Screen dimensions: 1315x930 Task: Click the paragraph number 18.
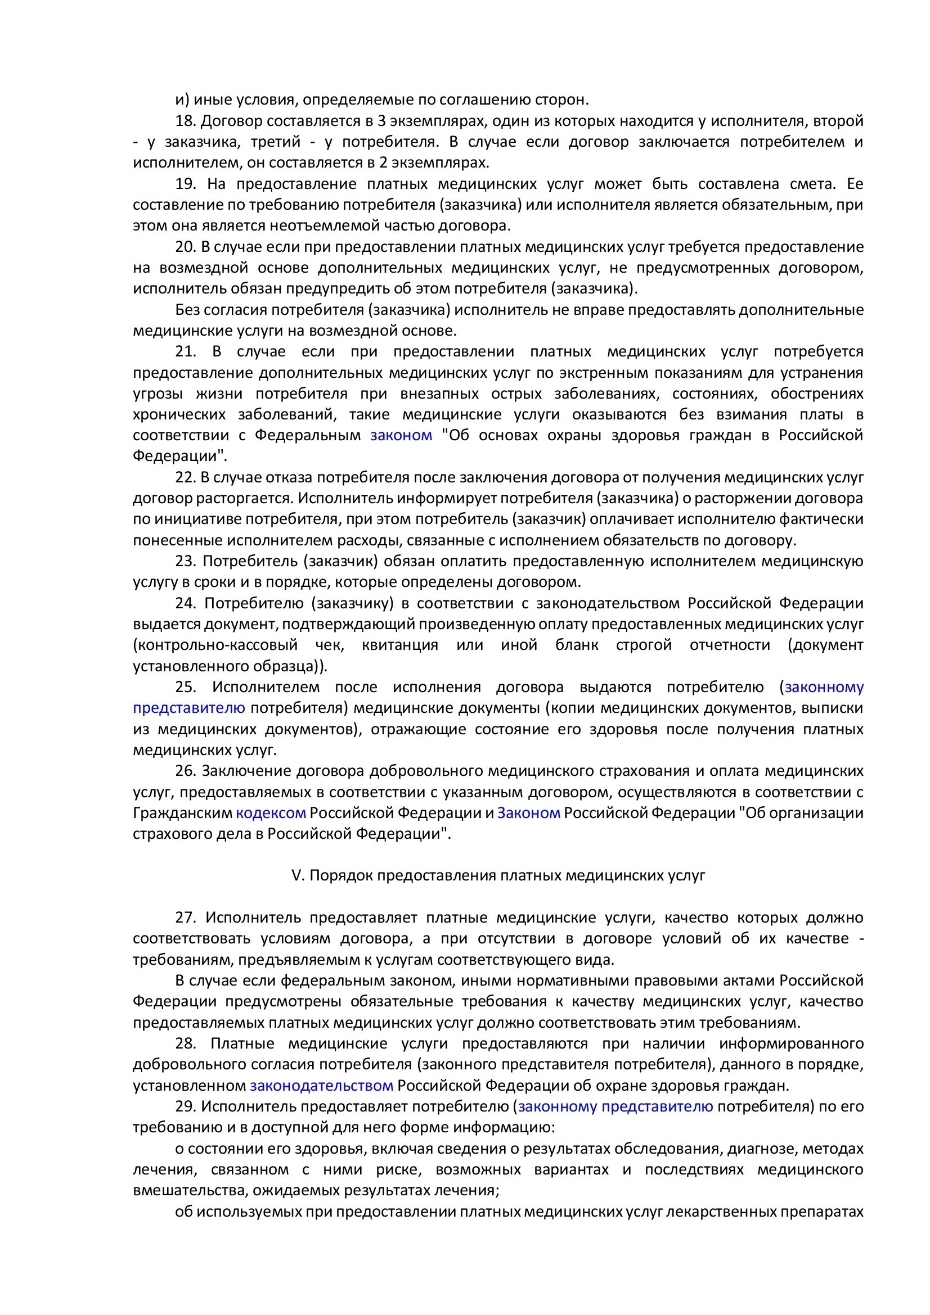click(x=186, y=121)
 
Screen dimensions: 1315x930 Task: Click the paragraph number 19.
click(x=186, y=184)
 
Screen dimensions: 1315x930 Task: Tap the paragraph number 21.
click(x=186, y=351)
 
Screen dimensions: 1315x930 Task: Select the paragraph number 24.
click(x=186, y=604)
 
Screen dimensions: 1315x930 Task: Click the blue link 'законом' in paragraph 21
click(x=401, y=435)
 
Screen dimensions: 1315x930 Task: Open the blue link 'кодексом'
click(x=271, y=813)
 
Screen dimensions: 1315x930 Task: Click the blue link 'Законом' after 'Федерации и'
click(x=528, y=813)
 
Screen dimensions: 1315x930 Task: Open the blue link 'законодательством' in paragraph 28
click(x=321, y=1085)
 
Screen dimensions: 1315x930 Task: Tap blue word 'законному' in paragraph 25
click(x=824, y=687)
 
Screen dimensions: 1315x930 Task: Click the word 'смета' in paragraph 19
click(x=808, y=184)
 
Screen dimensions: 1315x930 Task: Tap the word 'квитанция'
click(x=400, y=645)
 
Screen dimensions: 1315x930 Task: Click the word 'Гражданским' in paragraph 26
click(x=182, y=813)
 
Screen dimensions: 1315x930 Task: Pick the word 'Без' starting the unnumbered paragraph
click(x=187, y=310)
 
